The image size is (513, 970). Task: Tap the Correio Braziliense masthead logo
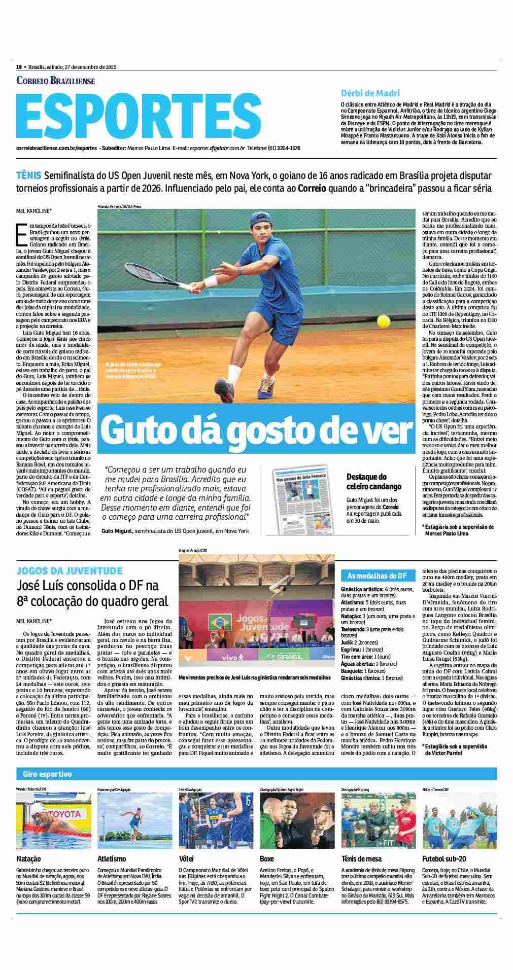click(56, 81)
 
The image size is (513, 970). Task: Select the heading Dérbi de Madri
click(370, 93)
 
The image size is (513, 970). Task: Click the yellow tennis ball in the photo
click(384, 321)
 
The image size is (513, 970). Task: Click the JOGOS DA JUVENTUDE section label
click(69, 570)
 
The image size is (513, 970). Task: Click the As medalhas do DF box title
click(377, 576)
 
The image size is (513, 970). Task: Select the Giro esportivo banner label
click(47, 774)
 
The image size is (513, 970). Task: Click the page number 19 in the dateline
click(19, 67)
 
